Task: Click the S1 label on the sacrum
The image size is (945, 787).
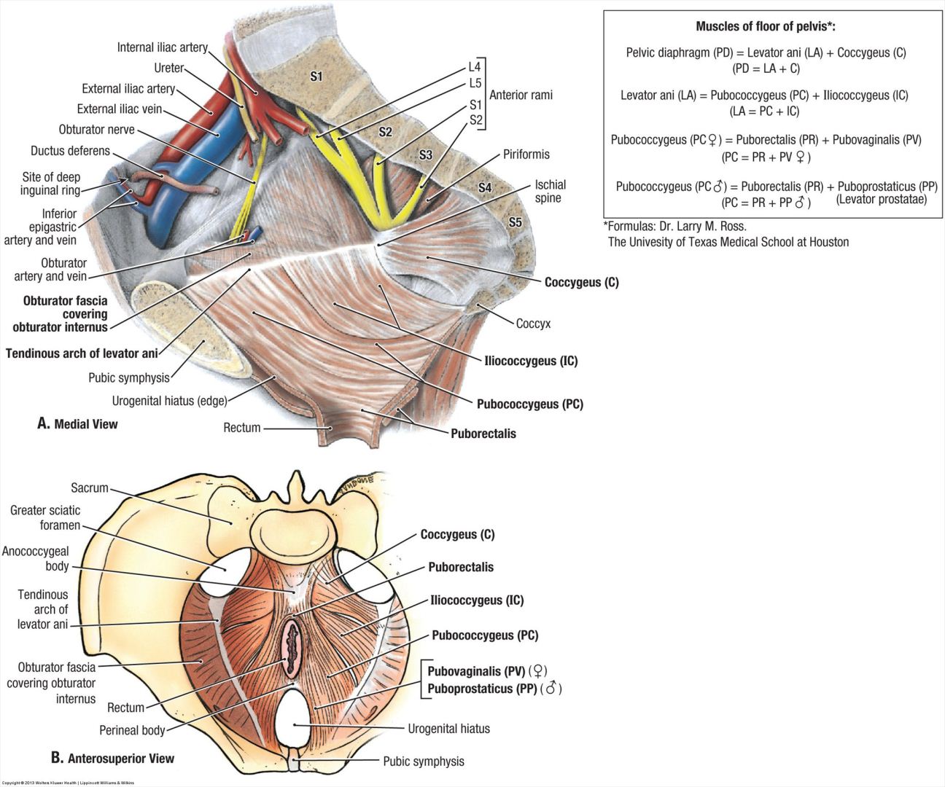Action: pyautogui.click(x=316, y=76)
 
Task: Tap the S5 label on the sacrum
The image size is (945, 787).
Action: pyautogui.click(x=516, y=222)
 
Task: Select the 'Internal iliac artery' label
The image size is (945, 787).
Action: pyautogui.click(x=162, y=47)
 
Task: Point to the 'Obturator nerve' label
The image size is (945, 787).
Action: pyautogui.click(x=96, y=130)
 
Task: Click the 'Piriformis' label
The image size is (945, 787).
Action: pyautogui.click(x=526, y=154)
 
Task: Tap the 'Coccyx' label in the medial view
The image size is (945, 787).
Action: pyautogui.click(x=533, y=324)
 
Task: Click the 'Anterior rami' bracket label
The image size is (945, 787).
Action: pyautogui.click(x=521, y=95)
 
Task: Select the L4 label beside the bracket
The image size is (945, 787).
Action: pyautogui.click(x=475, y=68)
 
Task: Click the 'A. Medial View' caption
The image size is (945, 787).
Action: pyautogui.click(x=77, y=424)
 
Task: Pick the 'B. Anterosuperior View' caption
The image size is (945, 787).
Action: pyautogui.click(x=112, y=758)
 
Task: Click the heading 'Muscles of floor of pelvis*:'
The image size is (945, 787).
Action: pyautogui.click(x=766, y=27)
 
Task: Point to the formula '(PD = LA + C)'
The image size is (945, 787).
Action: pyautogui.click(x=766, y=68)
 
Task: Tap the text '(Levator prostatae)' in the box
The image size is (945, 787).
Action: pyautogui.click(x=881, y=199)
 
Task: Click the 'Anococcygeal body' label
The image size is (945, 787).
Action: pyautogui.click(x=36, y=559)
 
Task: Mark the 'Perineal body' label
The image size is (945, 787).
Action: pyautogui.click(x=132, y=730)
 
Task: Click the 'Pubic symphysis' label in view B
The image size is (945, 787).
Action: pyautogui.click(x=423, y=761)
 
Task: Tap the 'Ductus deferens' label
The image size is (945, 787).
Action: pyautogui.click(x=70, y=151)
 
